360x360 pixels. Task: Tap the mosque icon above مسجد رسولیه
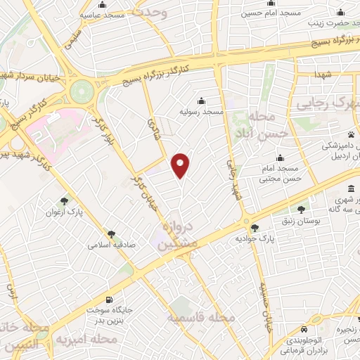point(202,100)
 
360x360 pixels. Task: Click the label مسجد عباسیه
point(102,14)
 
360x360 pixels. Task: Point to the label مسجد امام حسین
point(262,13)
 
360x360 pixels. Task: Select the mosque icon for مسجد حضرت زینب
point(342,12)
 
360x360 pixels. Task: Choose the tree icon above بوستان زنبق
point(302,209)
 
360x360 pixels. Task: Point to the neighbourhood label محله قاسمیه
point(199,319)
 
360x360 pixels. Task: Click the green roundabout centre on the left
point(82,91)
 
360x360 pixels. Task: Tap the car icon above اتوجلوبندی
point(302,329)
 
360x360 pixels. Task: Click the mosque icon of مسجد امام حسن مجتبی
point(280,157)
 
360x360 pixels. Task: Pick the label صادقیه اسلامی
point(111,246)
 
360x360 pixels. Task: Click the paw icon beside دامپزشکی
point(350,134)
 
